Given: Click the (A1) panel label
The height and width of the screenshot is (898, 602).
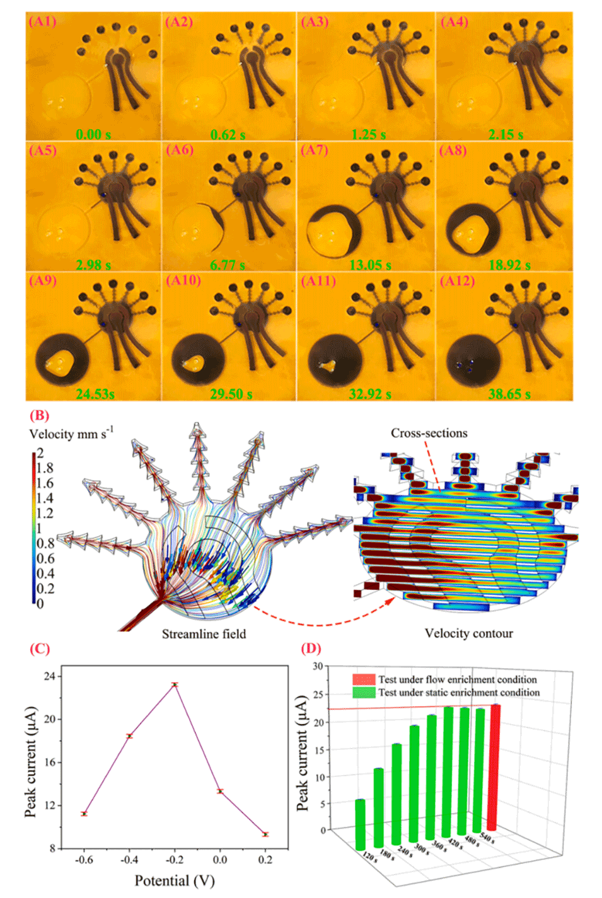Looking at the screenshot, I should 43,21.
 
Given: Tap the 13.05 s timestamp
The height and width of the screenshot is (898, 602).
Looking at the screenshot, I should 370,265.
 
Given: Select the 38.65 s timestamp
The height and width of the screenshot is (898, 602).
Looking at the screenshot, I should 509,394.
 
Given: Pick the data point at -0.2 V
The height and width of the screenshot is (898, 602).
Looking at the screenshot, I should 175,684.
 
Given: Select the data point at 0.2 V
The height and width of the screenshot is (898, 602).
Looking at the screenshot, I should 265,834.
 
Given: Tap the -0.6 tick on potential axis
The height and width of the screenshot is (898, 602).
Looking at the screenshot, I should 84,860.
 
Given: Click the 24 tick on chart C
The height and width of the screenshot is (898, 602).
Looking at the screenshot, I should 49,676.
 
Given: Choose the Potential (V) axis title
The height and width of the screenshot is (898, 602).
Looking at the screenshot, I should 175,880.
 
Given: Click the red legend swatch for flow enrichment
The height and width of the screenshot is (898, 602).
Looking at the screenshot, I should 364,679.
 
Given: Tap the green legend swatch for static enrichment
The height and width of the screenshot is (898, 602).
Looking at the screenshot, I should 364,693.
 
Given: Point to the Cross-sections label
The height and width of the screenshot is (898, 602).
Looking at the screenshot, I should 429,433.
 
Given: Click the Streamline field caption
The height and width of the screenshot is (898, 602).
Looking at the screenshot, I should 204,634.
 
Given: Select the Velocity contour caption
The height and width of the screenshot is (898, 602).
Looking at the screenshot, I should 468,633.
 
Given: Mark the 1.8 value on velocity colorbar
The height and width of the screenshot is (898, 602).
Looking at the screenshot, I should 45,468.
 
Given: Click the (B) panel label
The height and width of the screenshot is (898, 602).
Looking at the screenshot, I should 39,415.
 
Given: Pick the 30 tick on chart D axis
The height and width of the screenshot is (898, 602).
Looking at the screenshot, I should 318,666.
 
